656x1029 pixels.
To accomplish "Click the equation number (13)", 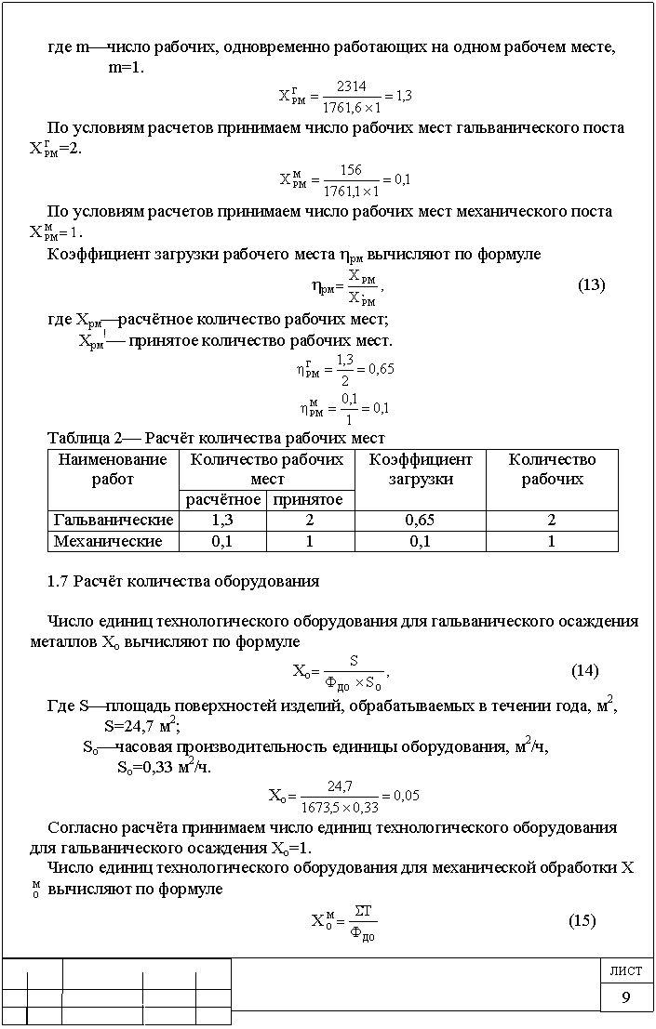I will pyautogui.click(x=592, y=285).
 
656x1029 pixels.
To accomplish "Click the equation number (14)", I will pyautogui.click(x=584, y=671).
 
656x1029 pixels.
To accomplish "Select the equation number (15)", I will pyautogui.click(x=582, y=921).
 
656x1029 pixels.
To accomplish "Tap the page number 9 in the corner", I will pyautogui.click(x=627, y=998).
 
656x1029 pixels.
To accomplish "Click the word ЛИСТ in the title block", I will pyautogui.click(x=626, y=971).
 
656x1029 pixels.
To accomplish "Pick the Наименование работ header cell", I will pyautogui.click(x=113, y=469).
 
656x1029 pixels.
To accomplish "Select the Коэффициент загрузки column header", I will pyautogui.click(x=421, y=469).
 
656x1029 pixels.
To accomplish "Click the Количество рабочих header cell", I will pyautogui.click(x=553, y=469).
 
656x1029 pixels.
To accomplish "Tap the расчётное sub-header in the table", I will pyautogui.click(x=222, y=500).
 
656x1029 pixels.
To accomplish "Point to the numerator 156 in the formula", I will pyautogui.click(x=351, y=170).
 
